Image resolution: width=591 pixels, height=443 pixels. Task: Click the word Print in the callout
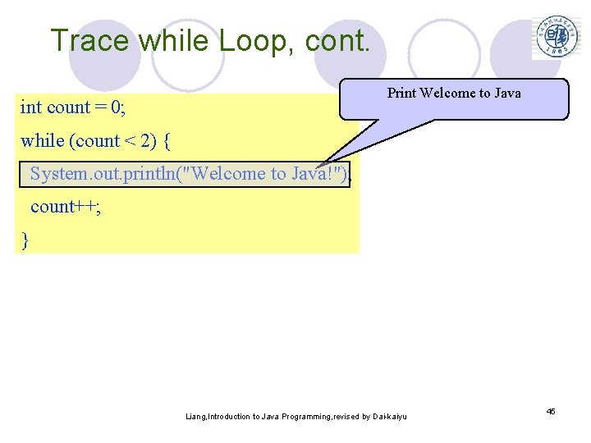click(401, 93)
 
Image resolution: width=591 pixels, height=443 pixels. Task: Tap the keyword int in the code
click(31, 107)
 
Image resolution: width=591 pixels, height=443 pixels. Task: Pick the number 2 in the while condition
click(145, 140)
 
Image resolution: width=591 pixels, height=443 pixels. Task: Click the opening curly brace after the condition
click(167, 140)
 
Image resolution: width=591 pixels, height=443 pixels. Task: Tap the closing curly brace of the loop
click(25, 240)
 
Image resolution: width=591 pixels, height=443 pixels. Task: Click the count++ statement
click(66, 206)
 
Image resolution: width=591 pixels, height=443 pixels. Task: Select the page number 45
click(551, 411)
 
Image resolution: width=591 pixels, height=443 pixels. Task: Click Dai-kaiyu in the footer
click(385, 417)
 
